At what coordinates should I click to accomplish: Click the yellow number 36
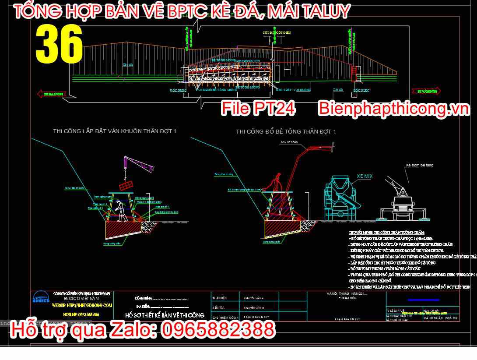point(59,44)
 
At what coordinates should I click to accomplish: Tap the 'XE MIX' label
point(364,176)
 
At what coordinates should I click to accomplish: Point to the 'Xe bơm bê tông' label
point(419,165)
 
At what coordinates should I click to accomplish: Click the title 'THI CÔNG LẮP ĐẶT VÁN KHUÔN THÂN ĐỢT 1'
point(115,131)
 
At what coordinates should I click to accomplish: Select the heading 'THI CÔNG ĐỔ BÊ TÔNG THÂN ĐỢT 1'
point(286,132)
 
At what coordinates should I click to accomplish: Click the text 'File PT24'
point(258,109)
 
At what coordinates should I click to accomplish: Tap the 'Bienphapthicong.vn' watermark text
point(393,109)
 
